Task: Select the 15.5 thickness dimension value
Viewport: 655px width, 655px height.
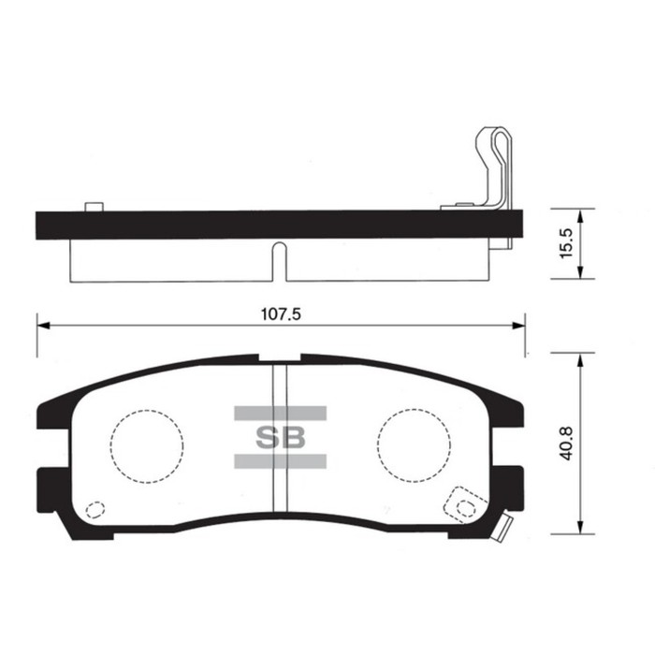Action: coord(564,243)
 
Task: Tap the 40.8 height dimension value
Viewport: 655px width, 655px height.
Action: coord(564,441)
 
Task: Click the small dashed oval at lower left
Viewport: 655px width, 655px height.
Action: coord(94,511)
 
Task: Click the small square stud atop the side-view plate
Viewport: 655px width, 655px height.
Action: coord(92,206)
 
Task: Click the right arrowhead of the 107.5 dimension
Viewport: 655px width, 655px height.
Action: coord(519,326)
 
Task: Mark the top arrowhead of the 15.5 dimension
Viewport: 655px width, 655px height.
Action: coord(581,214)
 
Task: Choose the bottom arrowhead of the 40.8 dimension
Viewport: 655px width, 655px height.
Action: coord(581,529)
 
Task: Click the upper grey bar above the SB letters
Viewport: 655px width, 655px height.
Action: coord(279,413)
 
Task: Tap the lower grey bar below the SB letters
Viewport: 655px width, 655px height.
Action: coord(279,459)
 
